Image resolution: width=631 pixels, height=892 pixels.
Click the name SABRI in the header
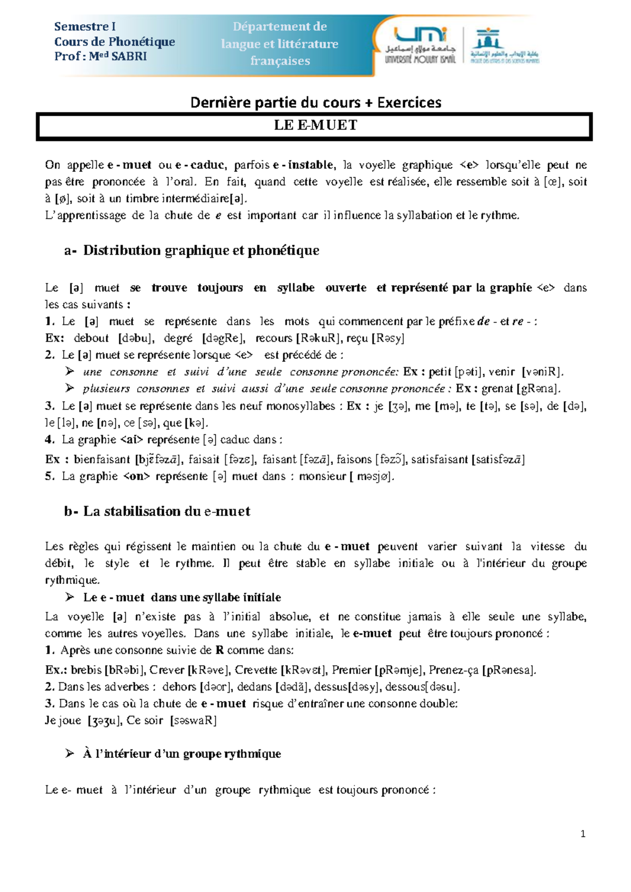point(129,56)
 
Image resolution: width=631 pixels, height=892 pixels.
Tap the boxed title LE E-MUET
point(315,125)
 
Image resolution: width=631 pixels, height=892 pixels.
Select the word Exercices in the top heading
point(409,102)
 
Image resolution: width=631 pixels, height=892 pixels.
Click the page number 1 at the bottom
point(583,834)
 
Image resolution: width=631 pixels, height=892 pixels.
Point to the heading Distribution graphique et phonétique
point(201,250)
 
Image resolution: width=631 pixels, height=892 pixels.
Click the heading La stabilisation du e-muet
point(166,511)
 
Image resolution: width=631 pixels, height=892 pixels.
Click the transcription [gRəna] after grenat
point(538,389)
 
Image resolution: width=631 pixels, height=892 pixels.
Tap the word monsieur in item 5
point(322,477)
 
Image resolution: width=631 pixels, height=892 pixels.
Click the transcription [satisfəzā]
point(497,459)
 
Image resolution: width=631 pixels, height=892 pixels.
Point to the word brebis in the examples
point(86,670)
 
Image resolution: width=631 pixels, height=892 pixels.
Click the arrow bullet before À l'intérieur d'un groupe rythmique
point(69,754)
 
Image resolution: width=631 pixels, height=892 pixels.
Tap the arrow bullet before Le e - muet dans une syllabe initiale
point(69,597)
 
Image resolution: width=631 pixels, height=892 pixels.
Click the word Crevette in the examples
point(256,670)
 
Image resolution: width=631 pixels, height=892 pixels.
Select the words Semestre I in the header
point(85,26)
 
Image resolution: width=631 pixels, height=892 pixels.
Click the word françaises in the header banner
point(280,61)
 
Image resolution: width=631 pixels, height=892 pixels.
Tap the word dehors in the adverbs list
point(179,687)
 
